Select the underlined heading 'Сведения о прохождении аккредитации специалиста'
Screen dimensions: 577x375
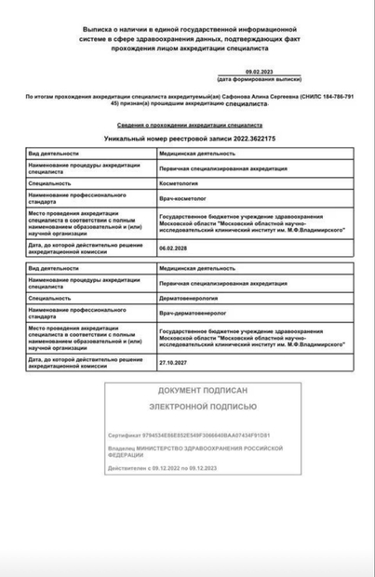[187, 124]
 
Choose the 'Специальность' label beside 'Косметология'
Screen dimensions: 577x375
[50, 184]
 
